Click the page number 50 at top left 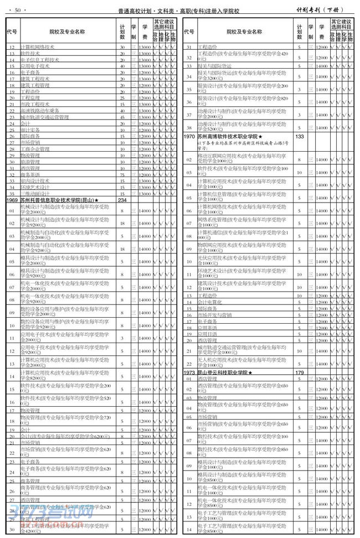pos(18,11)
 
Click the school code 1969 pos(12,200)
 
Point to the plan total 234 pos(123,200)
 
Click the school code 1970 pos(189,136)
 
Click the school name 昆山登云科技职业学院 pos(225,373)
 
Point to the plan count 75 pos(123,174)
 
